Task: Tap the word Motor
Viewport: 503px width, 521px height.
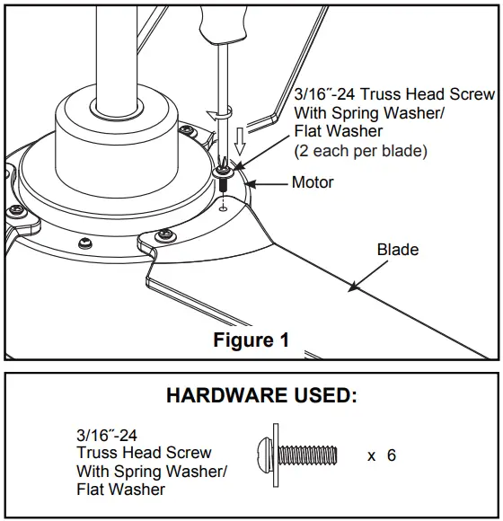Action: coord(313,183)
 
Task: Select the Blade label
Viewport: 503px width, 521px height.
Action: coord(397,249)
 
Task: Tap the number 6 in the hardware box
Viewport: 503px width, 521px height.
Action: coord(391,455)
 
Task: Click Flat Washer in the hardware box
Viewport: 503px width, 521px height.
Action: coord(120,490)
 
